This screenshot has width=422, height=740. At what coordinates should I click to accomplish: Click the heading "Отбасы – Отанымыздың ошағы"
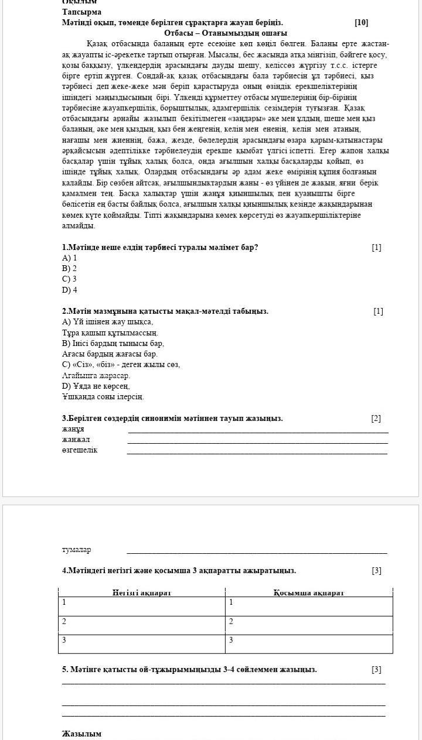tap(226, 33)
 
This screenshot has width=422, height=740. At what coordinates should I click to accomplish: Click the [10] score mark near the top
tap(361, 23)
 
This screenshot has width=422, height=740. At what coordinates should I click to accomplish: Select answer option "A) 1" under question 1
tap(70, 258)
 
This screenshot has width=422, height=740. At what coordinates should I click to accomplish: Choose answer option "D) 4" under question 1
tap(70, 290)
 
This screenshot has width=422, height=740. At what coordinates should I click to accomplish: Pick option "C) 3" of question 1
tap(70, 279)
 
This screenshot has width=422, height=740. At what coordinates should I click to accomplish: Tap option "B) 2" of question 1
tap(70, 269)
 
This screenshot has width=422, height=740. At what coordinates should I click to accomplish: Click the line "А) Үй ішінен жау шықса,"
tap(107, 322)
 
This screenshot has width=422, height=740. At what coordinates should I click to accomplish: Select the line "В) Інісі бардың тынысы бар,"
tap(113, 344)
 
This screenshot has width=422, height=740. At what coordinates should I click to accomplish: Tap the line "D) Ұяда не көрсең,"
tap(96, 386)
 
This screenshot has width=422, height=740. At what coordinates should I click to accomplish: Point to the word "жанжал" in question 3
tap(76, 440)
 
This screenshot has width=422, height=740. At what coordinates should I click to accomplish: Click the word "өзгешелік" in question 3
tap(80, 450)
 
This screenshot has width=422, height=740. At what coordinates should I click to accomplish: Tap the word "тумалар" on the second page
tap(77, 550)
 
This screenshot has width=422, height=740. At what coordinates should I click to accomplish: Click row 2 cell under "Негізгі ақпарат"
tap(142, 625)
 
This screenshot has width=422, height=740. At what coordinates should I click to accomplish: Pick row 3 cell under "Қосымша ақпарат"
tap(309, 643)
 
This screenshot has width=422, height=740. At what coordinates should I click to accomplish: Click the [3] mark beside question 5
tap(376, 669)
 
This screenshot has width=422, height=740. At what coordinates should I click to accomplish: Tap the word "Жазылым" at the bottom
tap(82, 734)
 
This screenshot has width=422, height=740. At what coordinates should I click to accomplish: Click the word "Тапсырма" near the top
tap(82, 12)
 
